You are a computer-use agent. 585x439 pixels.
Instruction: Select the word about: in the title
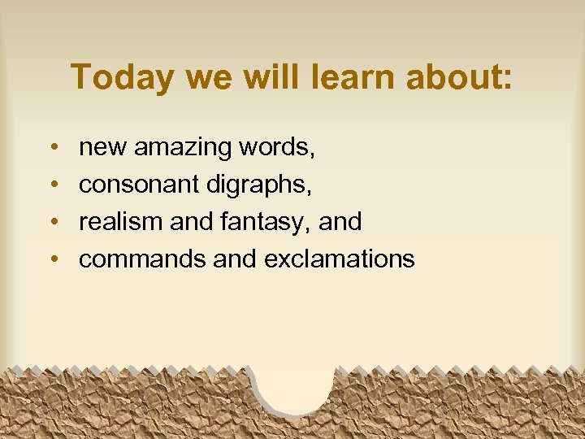pyautogui.click(x=465, y=76)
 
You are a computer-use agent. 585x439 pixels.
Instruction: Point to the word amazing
pyautogui.click(x=183, y=148)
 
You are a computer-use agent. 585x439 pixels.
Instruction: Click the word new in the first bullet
pyautogui.click(x=103, y=148)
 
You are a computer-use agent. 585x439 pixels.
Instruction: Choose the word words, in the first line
pyautogui.click(x=277, y=148)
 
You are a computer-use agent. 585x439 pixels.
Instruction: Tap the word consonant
pyautogui.click(x=140, y=185)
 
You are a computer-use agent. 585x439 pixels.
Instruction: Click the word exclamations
pyautogui.click(x=340, y=259)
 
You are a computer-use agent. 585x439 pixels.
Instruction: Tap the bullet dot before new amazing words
pyautogui.click(x=52, y=148)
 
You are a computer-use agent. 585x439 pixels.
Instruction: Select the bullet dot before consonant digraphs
pyautogui.click(x=52, y=185)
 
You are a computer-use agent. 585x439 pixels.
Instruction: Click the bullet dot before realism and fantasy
pyautogui.click(x=52, y=221)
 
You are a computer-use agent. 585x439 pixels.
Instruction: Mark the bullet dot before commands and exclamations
pyautogui.click(x=52, y=259)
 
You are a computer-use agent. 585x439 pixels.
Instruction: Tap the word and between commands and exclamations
pyautogui.click(x=235, y=259)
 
